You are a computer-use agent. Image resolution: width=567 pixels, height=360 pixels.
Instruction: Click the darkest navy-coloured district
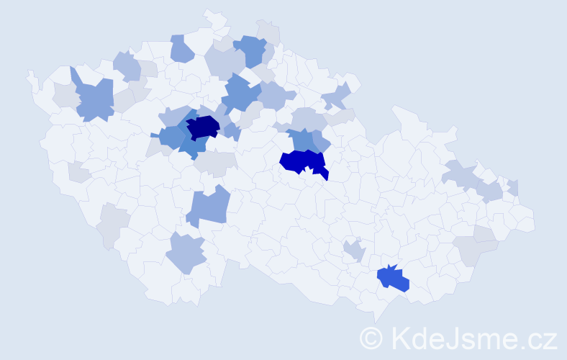(x=203, y=127)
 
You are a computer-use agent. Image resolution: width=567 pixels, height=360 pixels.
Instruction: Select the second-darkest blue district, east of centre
(x=302, y=161)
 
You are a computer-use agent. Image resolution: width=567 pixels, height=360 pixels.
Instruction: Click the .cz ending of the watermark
(x=540, y=338)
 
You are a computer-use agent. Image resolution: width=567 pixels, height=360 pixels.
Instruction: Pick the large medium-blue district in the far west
(x=94, y=99)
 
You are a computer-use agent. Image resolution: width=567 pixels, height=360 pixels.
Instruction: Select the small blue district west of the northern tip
(x=181, y=49)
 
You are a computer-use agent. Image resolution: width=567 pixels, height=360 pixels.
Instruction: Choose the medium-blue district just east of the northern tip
(x=250, y=50)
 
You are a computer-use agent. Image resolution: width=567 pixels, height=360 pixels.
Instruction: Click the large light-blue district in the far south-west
(x=186, y=253)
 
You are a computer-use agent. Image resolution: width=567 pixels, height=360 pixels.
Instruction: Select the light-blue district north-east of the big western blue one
(x=127, y=66)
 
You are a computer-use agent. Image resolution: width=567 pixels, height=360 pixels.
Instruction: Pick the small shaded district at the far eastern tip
(x=513, y=187)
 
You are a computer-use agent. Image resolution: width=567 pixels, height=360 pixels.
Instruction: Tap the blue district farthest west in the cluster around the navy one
(x=170, y=136)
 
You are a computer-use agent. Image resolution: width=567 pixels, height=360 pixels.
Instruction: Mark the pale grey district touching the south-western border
(x=111, y=225)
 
